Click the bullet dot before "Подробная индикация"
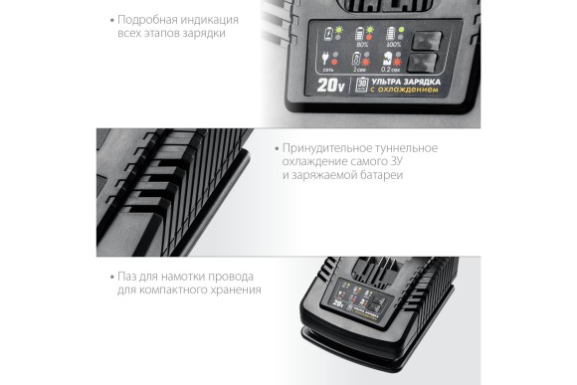click(109, 19)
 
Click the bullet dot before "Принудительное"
click(275, 147)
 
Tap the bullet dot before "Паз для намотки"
click(109, 276)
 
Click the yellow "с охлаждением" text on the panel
click(398, 89)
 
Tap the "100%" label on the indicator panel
click(395, 45)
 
